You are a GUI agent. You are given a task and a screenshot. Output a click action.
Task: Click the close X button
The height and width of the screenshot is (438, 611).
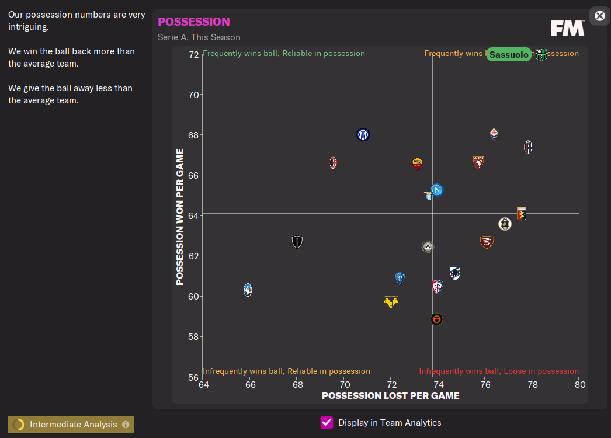pos(599,16)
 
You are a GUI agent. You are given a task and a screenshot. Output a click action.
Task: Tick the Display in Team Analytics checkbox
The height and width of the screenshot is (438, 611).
pos(327,423)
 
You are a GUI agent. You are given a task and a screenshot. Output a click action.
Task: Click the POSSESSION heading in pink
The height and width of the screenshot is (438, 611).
pos(194,22)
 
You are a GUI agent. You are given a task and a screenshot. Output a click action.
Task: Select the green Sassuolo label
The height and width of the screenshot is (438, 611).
pos(509,55)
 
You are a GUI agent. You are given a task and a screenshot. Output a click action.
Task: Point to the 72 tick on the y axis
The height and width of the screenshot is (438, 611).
pos(193,54)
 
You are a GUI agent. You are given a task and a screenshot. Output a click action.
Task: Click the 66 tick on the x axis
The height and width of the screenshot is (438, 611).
pos(250,384)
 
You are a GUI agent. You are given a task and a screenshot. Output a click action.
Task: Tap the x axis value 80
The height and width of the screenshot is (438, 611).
pos(579,384)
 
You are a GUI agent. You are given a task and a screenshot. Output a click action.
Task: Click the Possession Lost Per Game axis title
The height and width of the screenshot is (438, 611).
pos(391,396)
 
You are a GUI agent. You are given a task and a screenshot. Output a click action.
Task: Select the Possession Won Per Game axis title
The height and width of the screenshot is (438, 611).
pos(180,217)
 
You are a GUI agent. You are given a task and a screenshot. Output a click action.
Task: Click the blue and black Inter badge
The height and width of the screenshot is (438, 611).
pos(363,135)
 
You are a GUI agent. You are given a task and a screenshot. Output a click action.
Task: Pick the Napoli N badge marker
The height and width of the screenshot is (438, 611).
pos(437,190)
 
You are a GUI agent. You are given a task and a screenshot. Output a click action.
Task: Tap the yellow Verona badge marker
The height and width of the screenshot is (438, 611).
pos(391,302)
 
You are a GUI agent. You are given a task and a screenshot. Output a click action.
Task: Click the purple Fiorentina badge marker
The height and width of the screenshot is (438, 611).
pos(494,134)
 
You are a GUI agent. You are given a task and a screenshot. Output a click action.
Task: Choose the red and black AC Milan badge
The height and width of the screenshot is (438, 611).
pos(333,162)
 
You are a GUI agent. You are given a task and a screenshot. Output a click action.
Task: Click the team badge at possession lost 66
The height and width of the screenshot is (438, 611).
pos(248,290)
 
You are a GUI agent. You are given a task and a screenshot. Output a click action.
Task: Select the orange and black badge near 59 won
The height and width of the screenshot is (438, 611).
pos(436,319)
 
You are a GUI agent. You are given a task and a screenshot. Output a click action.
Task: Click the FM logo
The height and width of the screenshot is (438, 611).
pos(567,28)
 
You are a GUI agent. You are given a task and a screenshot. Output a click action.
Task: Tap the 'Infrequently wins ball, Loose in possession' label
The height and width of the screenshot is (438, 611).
pos(499,371)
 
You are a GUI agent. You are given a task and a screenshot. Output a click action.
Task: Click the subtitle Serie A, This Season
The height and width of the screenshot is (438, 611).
pos(199,37)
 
